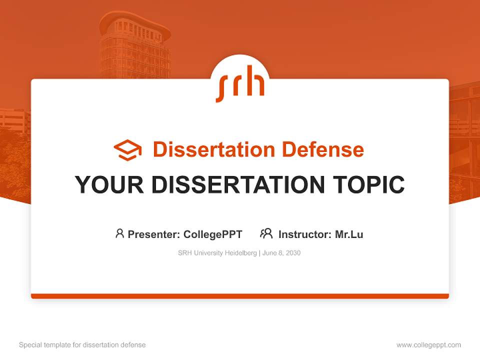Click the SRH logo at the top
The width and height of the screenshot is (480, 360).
pos(240,86)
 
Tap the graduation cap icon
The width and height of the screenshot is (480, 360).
pos(127,150)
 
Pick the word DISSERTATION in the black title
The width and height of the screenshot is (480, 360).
pos(238,184)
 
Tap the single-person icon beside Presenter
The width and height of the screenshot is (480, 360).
pos(119,233)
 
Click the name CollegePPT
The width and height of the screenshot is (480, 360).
pos(212,234)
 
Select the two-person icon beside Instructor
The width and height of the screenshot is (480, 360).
pos(266,233)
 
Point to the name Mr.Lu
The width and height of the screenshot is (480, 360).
pos(349,234)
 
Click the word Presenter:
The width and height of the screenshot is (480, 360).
pos(154,234)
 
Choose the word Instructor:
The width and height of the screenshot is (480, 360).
pos(305,234)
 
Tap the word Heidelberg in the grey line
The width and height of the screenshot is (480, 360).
pos(239,253)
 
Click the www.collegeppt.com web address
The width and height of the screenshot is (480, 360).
pos(428,345)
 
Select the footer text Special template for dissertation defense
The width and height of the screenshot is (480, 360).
pos(82,345)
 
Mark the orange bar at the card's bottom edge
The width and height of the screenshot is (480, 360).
pos(240,296)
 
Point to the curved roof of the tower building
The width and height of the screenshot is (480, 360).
pos(134,20)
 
